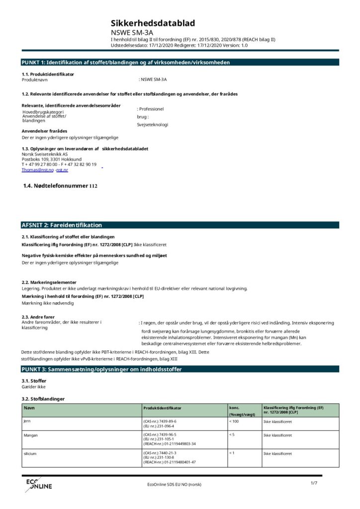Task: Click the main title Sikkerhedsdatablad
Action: coord(153,23)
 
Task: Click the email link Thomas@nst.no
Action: coord(37,170)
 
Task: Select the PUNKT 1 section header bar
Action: coord(180,62)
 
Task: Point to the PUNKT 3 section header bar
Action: coord(180,369)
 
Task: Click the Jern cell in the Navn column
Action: coord(27,421)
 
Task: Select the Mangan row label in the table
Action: coord(30,435)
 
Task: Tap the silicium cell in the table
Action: coord(30,454)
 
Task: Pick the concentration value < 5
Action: coord(232,435)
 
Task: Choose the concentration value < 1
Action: coord(232,453)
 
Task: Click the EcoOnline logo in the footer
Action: coord(38,485)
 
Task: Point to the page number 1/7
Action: coord(314,483)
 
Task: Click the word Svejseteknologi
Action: coord(153,125)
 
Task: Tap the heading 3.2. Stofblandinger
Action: coord(43,399)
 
